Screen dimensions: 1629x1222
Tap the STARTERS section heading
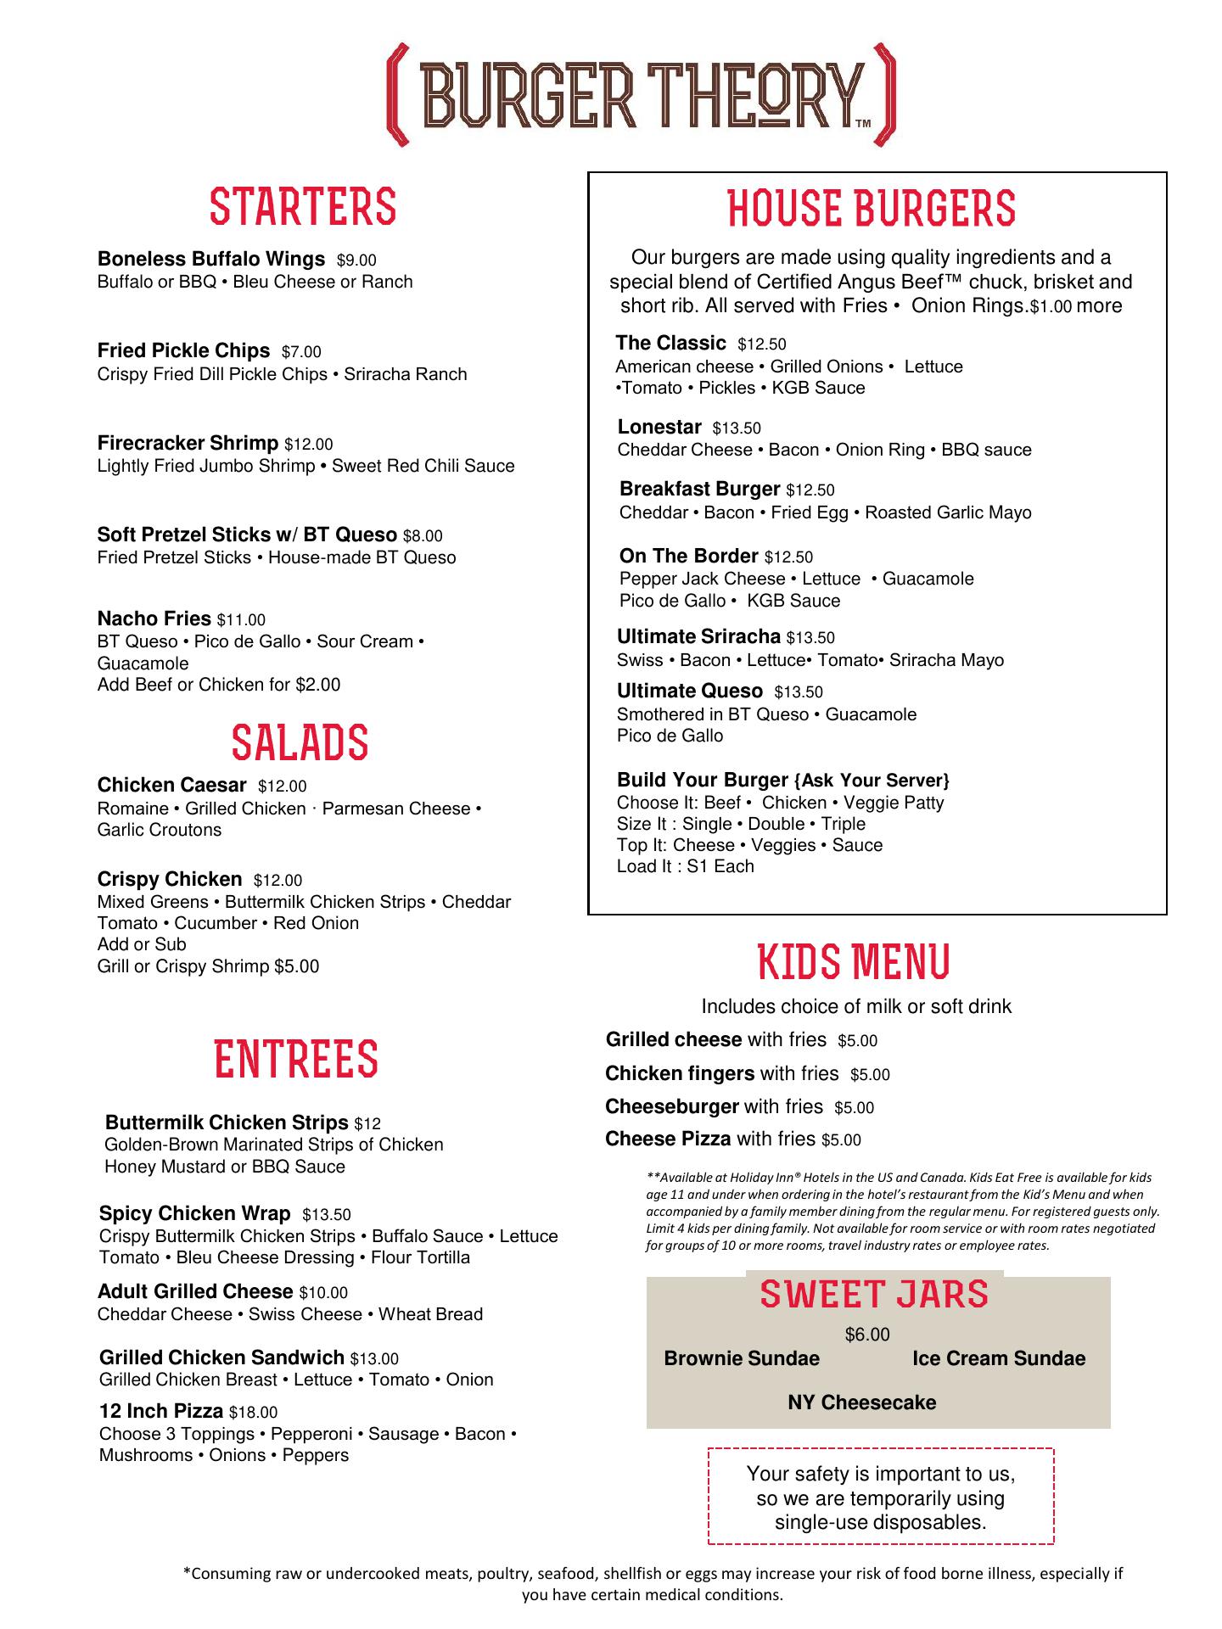coord(303,207)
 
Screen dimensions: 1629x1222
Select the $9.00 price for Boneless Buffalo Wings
coord(356,260)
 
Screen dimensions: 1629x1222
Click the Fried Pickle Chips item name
coord(183,350)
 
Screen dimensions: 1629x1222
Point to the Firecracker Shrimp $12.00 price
coord(308,444)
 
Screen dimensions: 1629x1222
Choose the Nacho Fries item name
coord(154,619)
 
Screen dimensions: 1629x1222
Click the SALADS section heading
coord(300,742)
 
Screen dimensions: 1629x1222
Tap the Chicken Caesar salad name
coord(171,786)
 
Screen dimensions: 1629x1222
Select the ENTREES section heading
coord(295,1059)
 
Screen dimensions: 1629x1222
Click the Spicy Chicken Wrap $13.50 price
coord(326,1215)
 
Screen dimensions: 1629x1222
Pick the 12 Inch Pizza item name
coord(161,1411)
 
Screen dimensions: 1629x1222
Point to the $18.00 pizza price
coord(253,1413)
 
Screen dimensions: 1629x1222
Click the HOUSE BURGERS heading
coord(872,209)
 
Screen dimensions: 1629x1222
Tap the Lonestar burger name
coord(659,427)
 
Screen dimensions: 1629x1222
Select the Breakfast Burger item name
coord(699,489)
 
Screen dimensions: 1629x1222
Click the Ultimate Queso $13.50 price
coord(799,692)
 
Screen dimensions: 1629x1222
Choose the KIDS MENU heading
coord(853,961)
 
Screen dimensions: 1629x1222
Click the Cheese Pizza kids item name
coord(668,1139)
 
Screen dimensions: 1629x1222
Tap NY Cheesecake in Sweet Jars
coord(861,1402)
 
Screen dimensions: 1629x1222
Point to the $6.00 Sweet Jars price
coord(867,1335)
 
